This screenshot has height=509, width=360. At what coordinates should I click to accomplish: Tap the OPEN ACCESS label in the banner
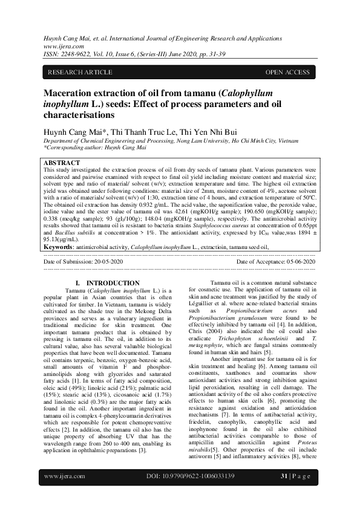pos(287,73)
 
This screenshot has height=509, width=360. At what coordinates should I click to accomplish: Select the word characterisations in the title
pos(81,114)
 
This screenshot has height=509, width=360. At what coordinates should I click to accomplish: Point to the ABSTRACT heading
pos(62,163)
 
